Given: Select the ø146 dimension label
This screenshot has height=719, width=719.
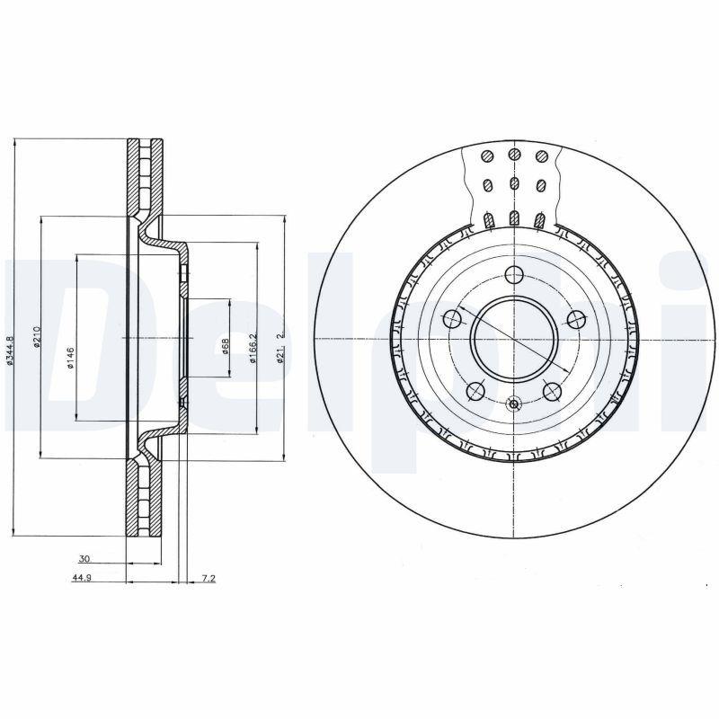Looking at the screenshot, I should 70,357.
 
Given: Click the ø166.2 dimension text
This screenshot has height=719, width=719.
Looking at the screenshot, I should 254,346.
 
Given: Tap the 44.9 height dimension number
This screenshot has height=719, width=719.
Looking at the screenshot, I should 84,579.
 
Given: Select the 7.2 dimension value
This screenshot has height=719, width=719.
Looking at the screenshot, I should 208,579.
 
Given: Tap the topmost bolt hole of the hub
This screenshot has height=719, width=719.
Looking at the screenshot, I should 514,275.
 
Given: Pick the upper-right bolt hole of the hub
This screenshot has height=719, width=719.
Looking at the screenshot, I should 575,318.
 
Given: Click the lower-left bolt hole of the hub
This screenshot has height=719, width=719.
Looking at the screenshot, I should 475,390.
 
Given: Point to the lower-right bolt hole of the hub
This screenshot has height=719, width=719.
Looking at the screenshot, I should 553,390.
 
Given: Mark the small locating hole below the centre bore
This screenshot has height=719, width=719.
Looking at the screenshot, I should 514,404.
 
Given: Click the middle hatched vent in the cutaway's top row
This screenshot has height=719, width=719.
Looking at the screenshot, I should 514,155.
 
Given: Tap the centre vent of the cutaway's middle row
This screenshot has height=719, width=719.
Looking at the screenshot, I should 514,185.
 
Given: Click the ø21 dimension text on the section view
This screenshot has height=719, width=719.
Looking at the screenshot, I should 280,346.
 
